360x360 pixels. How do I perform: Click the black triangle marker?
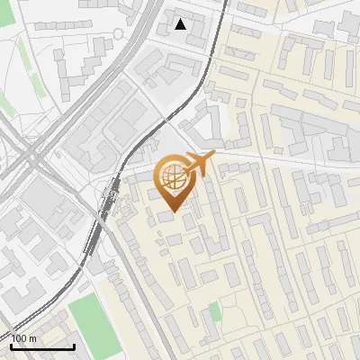pyautogui.click(x=181, y=24)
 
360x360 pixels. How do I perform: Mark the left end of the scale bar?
pyautogui.click(x=11, y=346)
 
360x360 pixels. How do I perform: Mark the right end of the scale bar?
pyautogui.click(x=74, y=346)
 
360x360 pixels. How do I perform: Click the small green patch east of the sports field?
pyautogui.click(x=214, y=311)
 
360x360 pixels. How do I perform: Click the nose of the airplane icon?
pyautogui.click(x=213, y=158)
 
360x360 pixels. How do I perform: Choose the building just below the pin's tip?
pyautogui.click(x=168, y=216)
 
